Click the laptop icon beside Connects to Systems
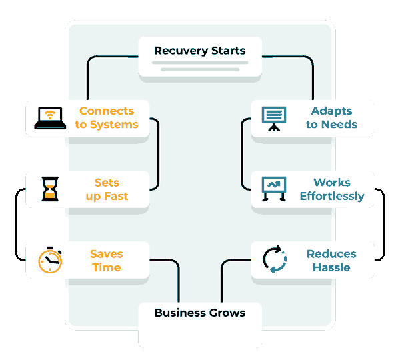click(x=50, y=118)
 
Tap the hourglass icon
click(x=50, y=189)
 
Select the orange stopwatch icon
click(x=50, y=260)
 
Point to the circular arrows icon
click(x=274, y=260)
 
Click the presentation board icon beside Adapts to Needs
click(x=274, y=118)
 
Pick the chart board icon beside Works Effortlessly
click(x=274, y=189)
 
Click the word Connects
click(x=107, y=111)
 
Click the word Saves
click(x=107, y=254)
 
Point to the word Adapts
click(x=331, y=111)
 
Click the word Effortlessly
click(x=331, y=197)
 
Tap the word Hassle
click(x=331, y=268)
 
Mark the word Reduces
click(x=331, y=254)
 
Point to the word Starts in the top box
click(x=227, y=51)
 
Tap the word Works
click(x=331, y=183)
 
